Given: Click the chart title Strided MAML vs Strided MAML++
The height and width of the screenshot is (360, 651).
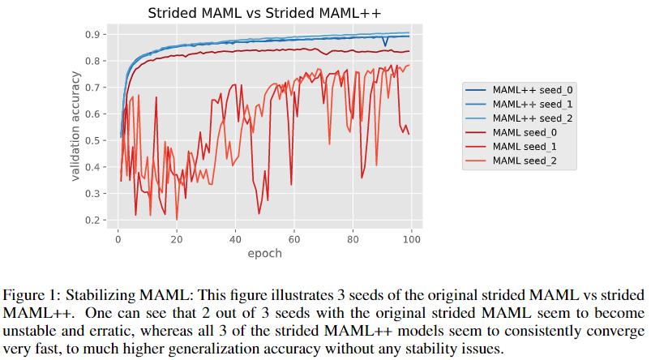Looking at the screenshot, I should tap(264, 13).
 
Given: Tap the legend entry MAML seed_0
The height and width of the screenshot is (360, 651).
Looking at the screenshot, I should tap(525, 133).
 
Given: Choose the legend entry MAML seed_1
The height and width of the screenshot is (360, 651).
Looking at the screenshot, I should tap(525, 148).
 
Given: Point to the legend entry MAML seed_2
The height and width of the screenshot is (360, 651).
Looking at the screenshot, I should tap(525, 162).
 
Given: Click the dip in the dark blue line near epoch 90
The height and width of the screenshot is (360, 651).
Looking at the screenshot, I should tap(386, 45).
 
